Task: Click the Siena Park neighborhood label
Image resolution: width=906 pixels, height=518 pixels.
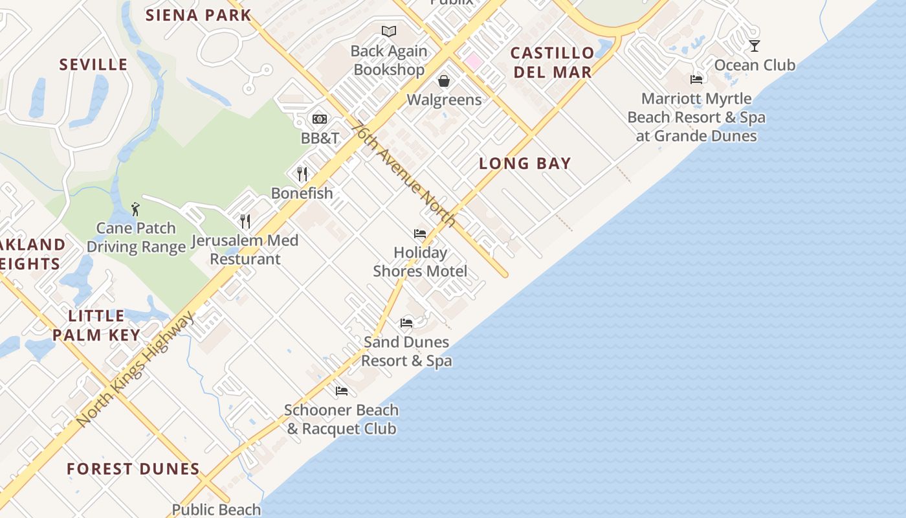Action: pyautogui.click(x=198, y=15)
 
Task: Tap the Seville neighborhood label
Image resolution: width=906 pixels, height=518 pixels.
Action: pyautogui.click(x=94, y=65)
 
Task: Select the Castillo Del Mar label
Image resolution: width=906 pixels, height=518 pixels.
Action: pyautogui.click(x=552, y=62)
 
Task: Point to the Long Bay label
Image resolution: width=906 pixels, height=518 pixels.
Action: pyautogui.click(x=525, y=164)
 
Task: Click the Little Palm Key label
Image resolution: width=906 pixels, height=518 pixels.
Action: pyautogui.click(x=96, y=325)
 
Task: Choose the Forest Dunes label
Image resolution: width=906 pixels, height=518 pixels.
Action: pyautogui.click(x=133, y=469)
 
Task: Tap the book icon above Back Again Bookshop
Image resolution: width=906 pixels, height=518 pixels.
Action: pyautogui.click(x=388, y=31)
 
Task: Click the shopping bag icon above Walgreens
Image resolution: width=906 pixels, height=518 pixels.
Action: pyautogui.click(x=444, y=81)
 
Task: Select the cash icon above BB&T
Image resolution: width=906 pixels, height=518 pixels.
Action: pyautogui.click(x=320, y=119)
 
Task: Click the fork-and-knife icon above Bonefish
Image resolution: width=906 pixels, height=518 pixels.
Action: pyautogui.click(x=302, y=174)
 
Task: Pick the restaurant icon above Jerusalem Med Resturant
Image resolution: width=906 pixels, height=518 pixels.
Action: pyautogui.click(x=245, y=221)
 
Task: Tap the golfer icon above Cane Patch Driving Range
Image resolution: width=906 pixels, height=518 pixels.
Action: pyautogui.click(x=135, y=209)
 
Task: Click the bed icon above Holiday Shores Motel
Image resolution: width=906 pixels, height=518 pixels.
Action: pyautogui.click(x=420, y=234)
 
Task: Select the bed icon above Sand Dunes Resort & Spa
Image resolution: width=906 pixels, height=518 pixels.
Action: pyautogui.click(x=406, y=322)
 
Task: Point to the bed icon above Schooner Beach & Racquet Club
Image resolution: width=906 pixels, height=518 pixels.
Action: pyautogui.click(x=342, y=391)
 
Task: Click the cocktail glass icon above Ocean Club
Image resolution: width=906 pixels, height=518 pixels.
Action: pyautogui.click(x=755, y=46)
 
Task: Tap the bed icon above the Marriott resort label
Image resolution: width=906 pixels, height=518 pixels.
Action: pyautogui.click(x=696, y=80)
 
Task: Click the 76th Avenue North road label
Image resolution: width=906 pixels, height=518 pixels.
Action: pyautogui.click(x=404, y=174)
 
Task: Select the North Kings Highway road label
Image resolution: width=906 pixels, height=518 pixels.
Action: pyautogui.click(x=135, y=369)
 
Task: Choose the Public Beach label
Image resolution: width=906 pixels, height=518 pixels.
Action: pyautogui.click(x=216, y=510)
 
